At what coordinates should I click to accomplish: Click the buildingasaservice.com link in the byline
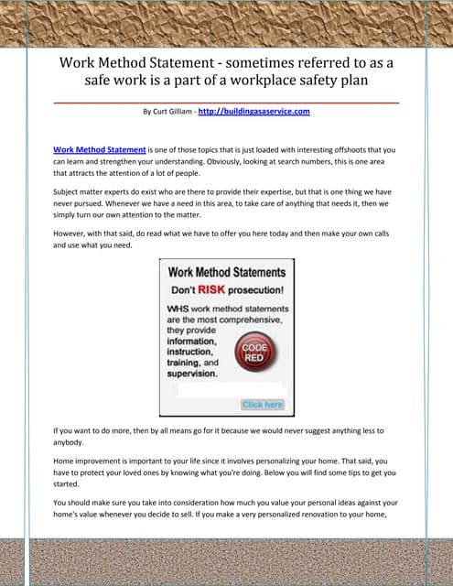pyautogui.click(x=254, y=112)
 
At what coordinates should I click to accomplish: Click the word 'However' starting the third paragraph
pyautogui.click(x=71, y=233)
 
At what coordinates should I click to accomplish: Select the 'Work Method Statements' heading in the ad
pyautogui.click(x=226, y=271)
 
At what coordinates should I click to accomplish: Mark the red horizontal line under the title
pyautogui.click(x=226, y=103)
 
